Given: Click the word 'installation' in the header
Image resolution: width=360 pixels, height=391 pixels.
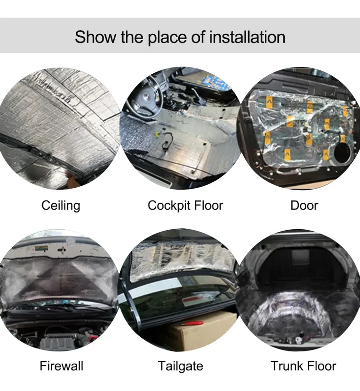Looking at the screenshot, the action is click(x=247, y=37).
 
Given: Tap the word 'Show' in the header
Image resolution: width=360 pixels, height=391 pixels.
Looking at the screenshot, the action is click(x=95, y=37).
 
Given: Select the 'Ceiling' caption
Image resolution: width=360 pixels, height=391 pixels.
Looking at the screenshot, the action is click(x=61, y=206).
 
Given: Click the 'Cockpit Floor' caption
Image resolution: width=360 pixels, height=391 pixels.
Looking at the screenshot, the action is click(x=185, y=206).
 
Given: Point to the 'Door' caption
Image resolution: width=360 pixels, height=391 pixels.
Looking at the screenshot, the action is click(x=304, y=206).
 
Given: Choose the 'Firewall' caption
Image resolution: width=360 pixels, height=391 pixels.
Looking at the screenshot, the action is click(x=61, y=366).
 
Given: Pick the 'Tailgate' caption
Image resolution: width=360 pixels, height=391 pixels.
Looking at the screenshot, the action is click(x=180, y=366).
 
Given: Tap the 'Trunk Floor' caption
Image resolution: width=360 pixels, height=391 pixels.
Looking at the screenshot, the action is click(x=303, y=366).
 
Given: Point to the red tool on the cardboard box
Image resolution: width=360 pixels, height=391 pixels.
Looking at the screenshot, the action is click(x=192, y=324).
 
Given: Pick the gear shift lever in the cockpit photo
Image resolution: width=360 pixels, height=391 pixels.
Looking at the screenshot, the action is click(x=197, y=96).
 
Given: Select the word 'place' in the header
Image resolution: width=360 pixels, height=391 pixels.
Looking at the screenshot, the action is click(x=167, y=38).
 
